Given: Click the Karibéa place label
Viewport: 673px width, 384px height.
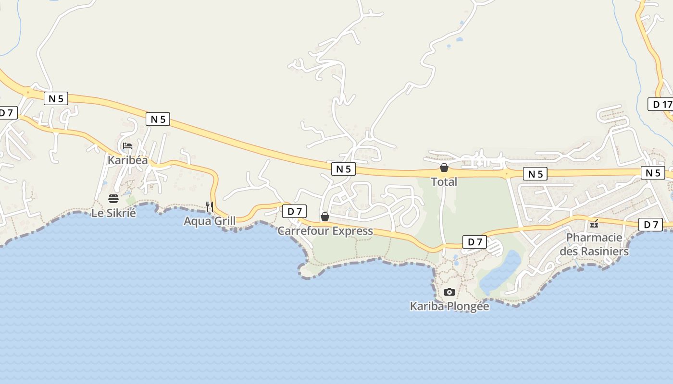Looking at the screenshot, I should (127, 160).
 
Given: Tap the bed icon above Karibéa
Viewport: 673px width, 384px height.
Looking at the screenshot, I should (127, 146).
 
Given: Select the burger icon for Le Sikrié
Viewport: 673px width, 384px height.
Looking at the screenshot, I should (113, 198).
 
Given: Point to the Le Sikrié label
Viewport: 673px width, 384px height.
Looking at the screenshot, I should (113, 213).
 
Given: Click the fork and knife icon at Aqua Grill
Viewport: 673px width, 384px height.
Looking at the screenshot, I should (210, 207).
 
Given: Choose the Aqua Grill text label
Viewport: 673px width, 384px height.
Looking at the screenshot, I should (210, 221).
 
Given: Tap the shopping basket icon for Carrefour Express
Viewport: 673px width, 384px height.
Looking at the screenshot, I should (325, 216).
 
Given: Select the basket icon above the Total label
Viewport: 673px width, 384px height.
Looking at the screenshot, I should (444, 168).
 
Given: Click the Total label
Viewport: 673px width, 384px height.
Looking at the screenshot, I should (444, 182).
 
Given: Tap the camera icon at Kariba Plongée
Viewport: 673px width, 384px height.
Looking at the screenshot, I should (449, 292).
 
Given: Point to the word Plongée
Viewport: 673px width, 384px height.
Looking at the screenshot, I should (468, 306).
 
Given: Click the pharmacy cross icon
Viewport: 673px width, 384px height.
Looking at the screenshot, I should (594, 224).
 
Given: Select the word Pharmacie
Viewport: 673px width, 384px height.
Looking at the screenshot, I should (594, 238).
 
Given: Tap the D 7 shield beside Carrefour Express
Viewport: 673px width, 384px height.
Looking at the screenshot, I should (294, 211).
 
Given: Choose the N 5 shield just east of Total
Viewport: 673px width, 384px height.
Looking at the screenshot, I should (535, 174).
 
